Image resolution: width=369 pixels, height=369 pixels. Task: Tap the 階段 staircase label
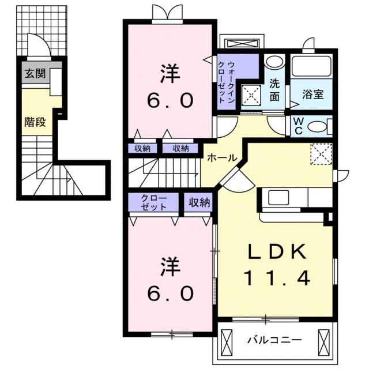coord(35,122)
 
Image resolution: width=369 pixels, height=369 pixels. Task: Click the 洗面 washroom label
coord(275,90)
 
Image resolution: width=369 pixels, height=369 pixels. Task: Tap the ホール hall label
coord(220,157)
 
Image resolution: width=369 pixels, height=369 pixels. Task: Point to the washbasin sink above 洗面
coord(275,62)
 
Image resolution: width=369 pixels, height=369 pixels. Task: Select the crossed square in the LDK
coord(321,153)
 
